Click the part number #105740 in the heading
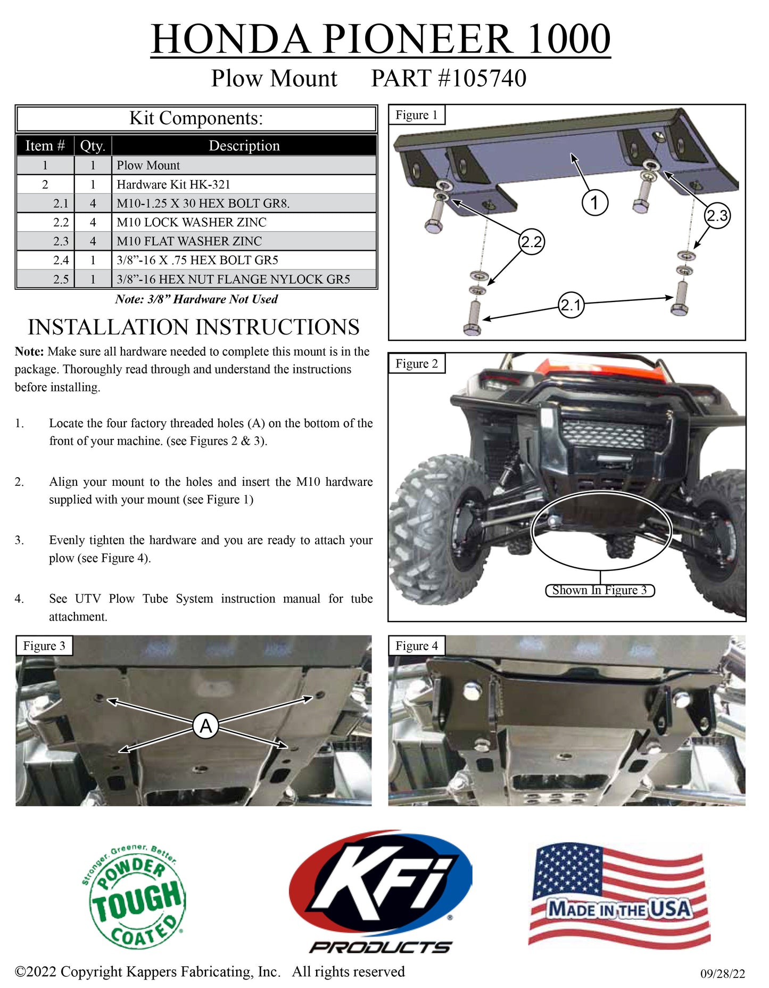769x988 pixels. pos(482,78)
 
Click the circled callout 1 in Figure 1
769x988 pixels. pos(594,202)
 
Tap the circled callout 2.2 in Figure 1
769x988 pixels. pos(531,242)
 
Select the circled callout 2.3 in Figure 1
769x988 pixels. pos(717,216)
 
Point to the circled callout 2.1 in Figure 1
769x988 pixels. pos(570,305)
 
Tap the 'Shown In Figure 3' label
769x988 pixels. pos(600,590)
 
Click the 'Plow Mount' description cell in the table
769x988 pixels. pos(244,165)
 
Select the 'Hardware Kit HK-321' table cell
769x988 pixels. pos(244,184)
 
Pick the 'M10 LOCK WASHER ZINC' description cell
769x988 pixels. pos(244,222)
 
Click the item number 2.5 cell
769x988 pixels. pos(45,279)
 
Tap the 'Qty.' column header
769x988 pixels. pos(93,145)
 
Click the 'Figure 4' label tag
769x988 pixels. pos(417,646)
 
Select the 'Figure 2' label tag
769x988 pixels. pos(417,363)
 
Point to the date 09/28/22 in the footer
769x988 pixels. pos(723,974)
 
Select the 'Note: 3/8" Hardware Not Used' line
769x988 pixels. pos(196,299)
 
